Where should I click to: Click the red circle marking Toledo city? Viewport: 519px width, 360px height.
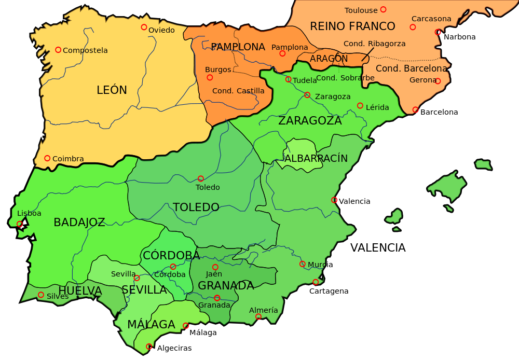201,178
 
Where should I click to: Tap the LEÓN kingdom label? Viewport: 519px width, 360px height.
112,90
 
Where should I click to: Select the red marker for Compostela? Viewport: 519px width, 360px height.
58,50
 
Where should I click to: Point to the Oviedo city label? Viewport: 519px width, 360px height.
161,30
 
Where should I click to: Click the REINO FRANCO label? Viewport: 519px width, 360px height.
352,26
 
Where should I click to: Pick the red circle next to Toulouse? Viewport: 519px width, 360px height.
383,9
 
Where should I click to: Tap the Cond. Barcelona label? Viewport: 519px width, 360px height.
411,68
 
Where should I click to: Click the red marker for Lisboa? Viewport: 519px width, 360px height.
20,224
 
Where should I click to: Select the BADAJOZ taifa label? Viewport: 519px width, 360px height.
79,223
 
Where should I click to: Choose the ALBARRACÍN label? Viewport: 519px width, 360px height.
316,158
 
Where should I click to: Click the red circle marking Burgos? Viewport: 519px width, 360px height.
210,77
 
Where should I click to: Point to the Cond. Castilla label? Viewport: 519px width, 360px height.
238,91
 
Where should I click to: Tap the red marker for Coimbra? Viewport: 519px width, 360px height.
47,158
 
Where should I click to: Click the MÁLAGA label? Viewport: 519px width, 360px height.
151,325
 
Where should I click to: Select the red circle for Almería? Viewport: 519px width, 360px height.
258,316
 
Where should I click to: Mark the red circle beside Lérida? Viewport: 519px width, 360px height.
360,105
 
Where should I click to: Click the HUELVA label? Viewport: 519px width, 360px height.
80,291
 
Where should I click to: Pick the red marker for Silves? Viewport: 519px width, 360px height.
41,295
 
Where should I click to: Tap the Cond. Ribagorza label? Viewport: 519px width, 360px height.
374,44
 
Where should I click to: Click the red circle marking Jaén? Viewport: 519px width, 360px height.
215,267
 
